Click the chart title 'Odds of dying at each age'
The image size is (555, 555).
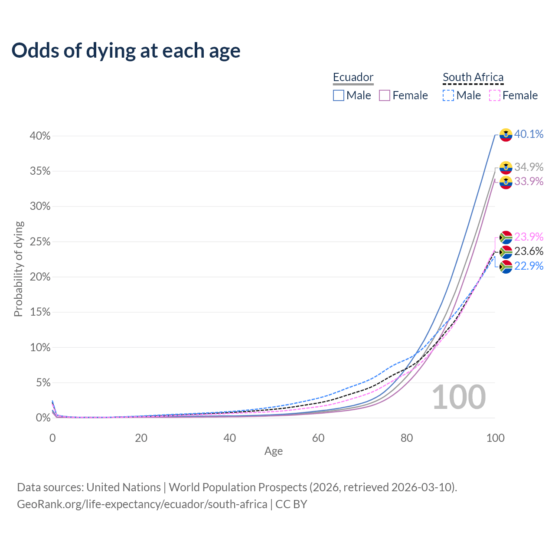pos(126,51)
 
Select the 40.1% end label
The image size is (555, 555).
pos(529,134)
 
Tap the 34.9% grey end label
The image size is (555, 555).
pos(529,167)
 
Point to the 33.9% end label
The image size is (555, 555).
pos(529,181)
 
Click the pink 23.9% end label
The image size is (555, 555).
pos(529,237)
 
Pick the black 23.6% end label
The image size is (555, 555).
pos(529,251)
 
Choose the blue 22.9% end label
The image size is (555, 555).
pos(529,266)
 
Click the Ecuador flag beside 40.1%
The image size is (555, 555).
pos(506,135)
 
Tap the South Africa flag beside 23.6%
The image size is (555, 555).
pos(506,252)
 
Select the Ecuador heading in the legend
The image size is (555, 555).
pos(353,77)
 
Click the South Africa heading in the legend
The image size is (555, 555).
pos(473,77)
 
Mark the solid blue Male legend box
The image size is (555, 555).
pos(339,95)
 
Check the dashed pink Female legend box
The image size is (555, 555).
pos(495,95)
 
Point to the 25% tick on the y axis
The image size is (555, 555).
pos(40,242)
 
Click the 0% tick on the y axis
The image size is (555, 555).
pos(43,418)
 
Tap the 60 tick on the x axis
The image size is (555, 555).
pos(318,438)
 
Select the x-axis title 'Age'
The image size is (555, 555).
pos(274,451)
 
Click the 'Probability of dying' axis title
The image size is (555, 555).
pos(18,269)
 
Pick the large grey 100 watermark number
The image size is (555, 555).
pos(459,397)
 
